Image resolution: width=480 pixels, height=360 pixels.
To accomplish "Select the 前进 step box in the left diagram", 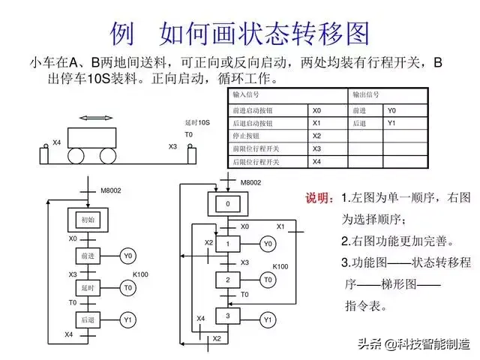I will click(x=88, y=256).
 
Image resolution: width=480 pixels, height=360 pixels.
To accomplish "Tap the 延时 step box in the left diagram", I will click(x=88, y=287).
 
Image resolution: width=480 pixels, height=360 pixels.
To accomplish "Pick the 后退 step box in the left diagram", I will click(x=88, y=320).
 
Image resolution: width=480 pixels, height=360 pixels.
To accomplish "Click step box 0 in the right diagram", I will click(x=228, y=204).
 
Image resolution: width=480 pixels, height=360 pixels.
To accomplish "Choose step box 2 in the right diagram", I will click(x=228, y=280).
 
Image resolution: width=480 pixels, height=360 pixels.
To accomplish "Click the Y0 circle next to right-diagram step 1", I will click(x=268, y=243).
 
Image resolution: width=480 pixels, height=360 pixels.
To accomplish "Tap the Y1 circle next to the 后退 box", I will click(x=127, y=320).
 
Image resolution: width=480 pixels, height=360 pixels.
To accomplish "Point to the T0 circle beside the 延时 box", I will click(x=127, y=287).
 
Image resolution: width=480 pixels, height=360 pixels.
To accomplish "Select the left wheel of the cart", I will click(x=76, y=156).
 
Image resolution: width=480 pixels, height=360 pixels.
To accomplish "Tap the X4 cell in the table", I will click(x=317, y=161).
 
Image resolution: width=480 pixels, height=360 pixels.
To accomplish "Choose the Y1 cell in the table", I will click(x=391, y=123).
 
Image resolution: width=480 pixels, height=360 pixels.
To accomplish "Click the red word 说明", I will click(x=317, y=198).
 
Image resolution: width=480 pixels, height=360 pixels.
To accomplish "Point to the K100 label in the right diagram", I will click(x=280, y=266).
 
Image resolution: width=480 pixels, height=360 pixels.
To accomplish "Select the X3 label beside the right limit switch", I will click(x=172, y=146).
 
